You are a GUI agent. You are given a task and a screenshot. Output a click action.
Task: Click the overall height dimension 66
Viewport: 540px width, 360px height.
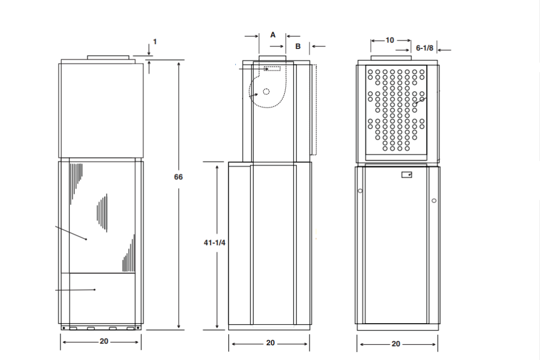[178, 177]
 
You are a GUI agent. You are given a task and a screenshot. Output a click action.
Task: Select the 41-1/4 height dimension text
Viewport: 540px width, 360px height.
[215, 242]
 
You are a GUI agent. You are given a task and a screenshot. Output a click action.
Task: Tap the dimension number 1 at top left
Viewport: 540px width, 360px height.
[155, 42]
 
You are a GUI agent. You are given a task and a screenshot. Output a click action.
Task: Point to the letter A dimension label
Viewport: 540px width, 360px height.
[273, 35]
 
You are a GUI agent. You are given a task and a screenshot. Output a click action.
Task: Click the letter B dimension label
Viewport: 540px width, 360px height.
[297, 46]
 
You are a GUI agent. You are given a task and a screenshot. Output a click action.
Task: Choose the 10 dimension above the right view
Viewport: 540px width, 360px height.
[390, 40]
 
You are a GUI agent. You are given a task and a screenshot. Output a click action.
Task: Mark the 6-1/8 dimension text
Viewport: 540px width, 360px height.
[425, 48]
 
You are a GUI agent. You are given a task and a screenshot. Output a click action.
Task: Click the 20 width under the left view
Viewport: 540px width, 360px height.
[104, 342]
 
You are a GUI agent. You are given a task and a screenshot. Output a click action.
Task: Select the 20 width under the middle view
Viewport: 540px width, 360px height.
[270, 343]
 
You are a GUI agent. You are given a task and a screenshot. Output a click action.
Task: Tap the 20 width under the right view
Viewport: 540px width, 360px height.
[396, 344]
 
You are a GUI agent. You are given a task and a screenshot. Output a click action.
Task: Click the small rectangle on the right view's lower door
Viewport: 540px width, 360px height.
[407, 175]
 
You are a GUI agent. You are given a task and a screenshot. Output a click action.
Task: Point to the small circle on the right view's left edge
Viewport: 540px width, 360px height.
[360, 191]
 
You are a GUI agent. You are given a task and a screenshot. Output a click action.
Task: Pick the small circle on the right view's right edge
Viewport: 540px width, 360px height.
[433, 200]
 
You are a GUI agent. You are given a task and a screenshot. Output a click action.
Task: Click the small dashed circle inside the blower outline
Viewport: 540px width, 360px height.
[266, 91]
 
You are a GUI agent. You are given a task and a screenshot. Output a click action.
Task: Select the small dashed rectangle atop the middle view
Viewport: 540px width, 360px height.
[273, 69]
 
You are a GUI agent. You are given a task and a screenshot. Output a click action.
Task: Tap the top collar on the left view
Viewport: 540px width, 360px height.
[108, 57]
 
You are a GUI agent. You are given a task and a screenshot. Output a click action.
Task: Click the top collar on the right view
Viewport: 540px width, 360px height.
[391, 57]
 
